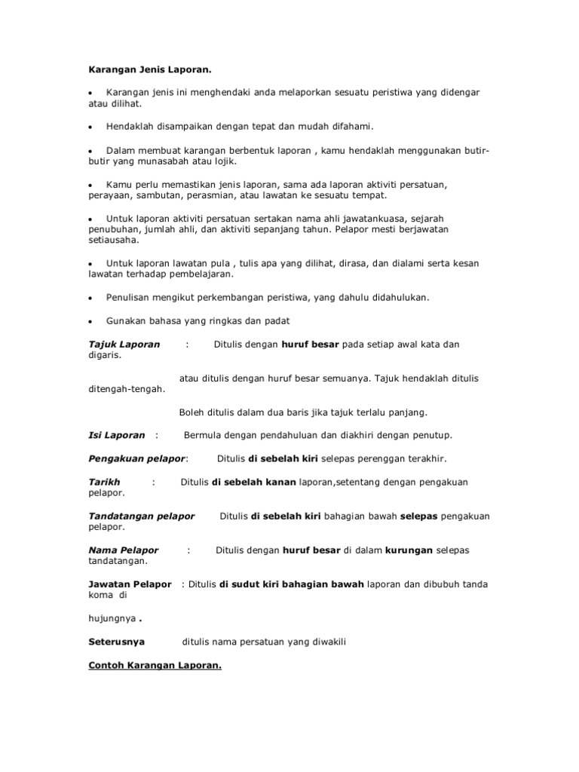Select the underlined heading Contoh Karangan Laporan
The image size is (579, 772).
(155, 666)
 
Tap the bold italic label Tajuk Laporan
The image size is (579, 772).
(124, 345)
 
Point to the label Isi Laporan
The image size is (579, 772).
(117, 435)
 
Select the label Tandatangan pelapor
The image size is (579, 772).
(142, 516)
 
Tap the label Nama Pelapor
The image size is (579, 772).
(124, 550)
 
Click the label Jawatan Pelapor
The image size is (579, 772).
(130, 584)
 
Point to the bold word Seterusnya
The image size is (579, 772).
(117, 642)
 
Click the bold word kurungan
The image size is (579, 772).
(409, 550)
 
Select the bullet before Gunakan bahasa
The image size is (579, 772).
(90, 321)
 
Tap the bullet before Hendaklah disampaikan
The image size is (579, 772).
(90, 127)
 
